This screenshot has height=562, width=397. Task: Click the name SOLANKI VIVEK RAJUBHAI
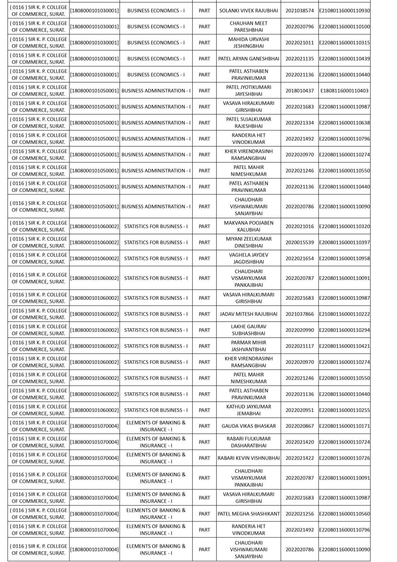click(x=248, y=11)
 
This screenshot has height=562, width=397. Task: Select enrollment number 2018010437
click(x=299, y=91)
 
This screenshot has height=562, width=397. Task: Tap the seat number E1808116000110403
click(x=344, y=91)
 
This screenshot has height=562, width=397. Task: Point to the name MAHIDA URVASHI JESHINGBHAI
click(x=248, y=43)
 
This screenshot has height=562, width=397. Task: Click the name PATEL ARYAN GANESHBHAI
click(x=248, y=59)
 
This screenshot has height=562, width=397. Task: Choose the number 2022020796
click(x=299, y=27)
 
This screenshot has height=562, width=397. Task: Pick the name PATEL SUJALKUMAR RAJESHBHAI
click(x=248, y=123)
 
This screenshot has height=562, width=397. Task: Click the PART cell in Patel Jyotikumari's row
click(x=204, y=91)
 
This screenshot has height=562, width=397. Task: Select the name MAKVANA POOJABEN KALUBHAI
click(x=248, y=226)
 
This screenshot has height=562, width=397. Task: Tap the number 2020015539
click(x=299, y=242)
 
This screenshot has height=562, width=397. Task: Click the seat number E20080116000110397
click(x=344, y=242)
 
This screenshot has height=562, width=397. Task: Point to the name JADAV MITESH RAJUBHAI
click(x=248, y=314)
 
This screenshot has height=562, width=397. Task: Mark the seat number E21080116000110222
click(x=344, y=314)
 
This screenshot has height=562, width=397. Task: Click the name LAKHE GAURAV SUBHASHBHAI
click(x=248, y=330)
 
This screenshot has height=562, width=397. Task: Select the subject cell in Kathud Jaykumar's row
click(x=156, y=410)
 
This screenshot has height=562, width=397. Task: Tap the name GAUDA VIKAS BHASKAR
click(x=248, y=426)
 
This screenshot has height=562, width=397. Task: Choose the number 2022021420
click(x=299, y=442)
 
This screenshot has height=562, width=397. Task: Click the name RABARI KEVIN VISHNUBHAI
click(x=248, y=458)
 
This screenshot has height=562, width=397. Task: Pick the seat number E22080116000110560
click(x=344, y=514)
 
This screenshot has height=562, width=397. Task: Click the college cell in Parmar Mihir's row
click(x=38, y=346)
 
